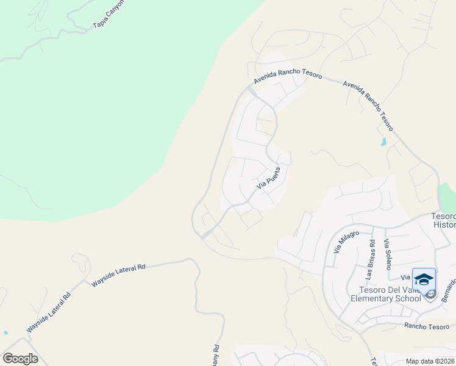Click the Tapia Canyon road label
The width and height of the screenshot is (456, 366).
coord(109,14)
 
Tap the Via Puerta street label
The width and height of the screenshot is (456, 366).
coord(268,178)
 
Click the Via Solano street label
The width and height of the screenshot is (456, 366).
coord(387,254)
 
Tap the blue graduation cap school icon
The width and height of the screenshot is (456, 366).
coord(424,279)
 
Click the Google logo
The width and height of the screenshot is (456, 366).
coord(20,358)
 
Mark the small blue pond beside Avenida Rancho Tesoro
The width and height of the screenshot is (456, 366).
coord(383,142)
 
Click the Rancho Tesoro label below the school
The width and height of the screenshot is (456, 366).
coord(426,326)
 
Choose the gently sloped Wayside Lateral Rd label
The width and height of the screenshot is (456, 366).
coord(118,275)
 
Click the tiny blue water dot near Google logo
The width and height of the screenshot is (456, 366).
coord(5,332)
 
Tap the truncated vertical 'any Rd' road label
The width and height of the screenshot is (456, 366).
coord(216,356)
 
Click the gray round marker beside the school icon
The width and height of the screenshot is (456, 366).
coord(430,295)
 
